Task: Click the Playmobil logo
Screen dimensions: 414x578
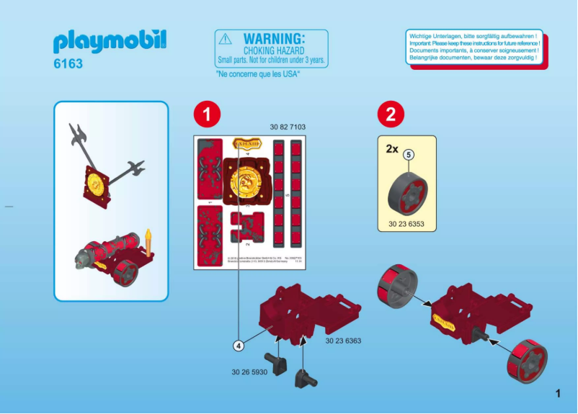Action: click(x=109, y=42)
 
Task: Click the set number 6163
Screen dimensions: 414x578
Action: click(x=68, y=64)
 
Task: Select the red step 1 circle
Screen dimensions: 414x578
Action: click(x=206, y=114)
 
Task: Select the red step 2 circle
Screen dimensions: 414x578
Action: click(x=391, y=114)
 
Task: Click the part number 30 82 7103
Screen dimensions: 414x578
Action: click(x=288, y=127)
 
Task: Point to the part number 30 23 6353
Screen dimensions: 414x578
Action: click(x=406, y=225)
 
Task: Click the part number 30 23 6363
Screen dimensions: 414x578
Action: click(x=342, y=341)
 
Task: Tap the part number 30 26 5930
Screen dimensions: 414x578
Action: click(x=249, y=372)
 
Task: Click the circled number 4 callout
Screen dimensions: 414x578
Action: click(x=238, y=346)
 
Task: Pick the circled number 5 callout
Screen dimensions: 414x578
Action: click(x=408, y=154)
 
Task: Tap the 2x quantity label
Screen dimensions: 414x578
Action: click(x=391, y=149)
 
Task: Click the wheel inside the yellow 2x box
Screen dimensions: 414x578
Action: click(x=408, y=193)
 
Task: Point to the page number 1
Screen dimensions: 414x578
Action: click(x=558, y=393)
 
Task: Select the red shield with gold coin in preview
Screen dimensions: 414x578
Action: click(x=97, y=186)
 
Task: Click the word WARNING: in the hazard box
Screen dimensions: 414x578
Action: click(x=274, y=38)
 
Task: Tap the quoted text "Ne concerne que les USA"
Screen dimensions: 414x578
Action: click(x=258, y=74)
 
